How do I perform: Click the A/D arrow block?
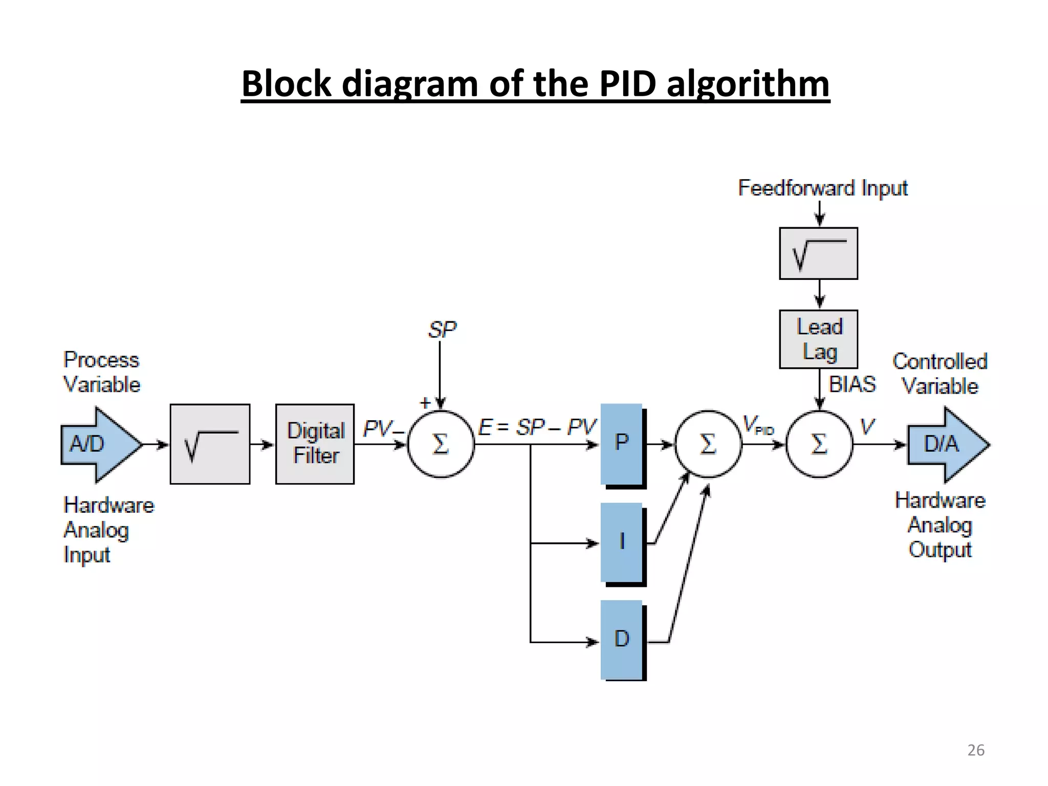click(x=97, y=444)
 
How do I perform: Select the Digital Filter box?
click(x=315, y=444)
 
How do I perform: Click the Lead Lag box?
click(x=819, y=339)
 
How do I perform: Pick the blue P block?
click(x=622, y=443)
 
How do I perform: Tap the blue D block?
click(x=622, y=640)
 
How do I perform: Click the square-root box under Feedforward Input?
click(x=819, y=253)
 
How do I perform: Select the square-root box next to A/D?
click(x=210, y=444)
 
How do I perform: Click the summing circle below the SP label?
click(x=441, y=444)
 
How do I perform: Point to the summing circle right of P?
click(x=708, y=444)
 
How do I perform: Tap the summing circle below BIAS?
click(x=819, y=444)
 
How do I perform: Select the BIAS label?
click(x=852, y=384)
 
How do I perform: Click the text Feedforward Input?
click(x=823, y=188)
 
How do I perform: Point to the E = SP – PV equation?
click(x=537, y=427)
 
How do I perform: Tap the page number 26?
click(x=976, y=750)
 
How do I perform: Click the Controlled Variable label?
click(x=940, y=374)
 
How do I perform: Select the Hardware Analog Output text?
click(x=940, y=525)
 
